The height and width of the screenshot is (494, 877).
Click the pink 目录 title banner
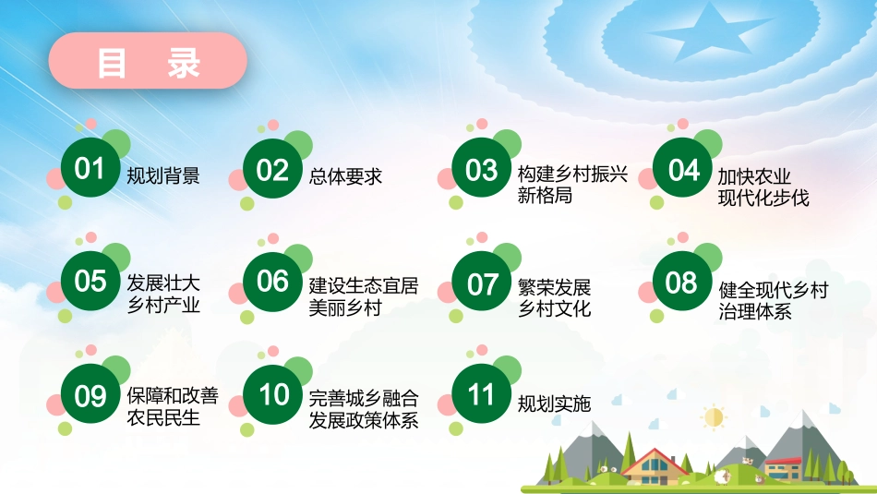148,62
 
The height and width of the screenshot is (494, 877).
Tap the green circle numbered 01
90,170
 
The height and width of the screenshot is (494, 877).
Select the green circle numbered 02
272,171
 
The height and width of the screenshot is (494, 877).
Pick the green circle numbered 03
481,171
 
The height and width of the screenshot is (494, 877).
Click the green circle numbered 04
683,171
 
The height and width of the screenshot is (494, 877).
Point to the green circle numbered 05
90,281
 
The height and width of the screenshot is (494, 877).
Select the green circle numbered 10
274,395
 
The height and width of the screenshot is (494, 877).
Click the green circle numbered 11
481,395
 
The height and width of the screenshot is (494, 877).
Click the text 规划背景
163,175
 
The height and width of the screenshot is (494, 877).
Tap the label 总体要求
346,175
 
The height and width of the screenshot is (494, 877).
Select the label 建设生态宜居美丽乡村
364,296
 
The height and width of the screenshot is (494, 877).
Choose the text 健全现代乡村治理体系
773,301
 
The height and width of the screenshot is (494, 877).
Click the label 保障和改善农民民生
173,406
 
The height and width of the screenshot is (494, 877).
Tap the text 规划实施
554,404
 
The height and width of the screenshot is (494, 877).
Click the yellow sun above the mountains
713,417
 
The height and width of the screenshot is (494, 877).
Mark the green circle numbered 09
90,396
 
